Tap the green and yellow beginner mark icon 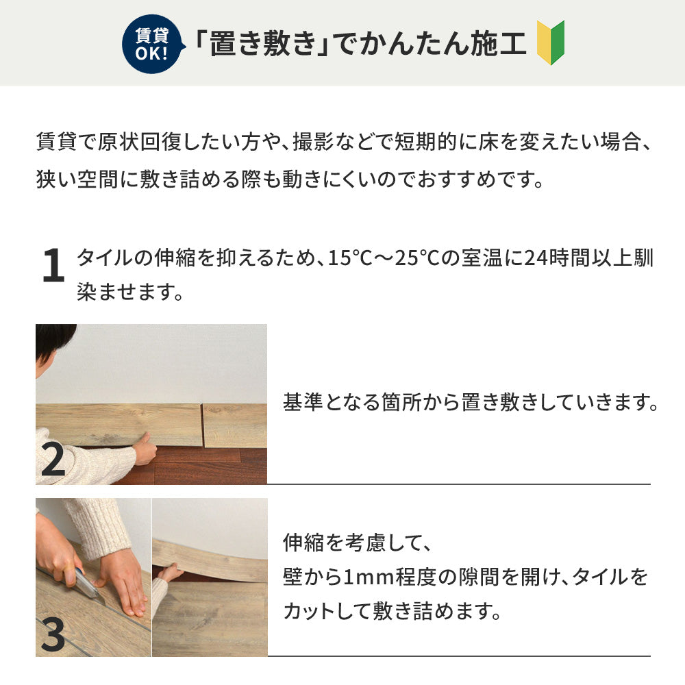coord(550,42)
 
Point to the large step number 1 coord(53,267)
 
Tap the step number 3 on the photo coord(53,635)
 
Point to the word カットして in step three coord(325,609)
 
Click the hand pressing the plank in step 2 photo coord(144,449)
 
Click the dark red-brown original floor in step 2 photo coord(206,466)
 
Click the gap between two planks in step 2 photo coord(202,425)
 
